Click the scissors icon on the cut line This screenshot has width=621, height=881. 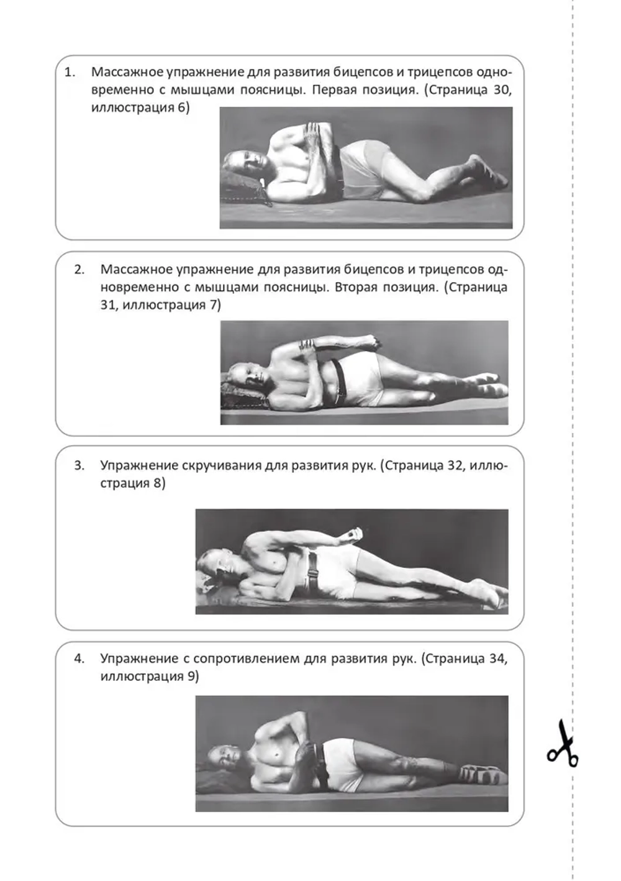[x=563, y=744]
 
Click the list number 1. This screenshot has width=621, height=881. [x=70, y=72]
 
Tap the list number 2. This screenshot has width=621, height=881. [x=79, y=270]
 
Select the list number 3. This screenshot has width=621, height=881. [x=79, y=465]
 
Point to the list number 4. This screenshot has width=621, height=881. [x=79, y=659]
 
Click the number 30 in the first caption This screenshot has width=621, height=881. [x=501, y=89]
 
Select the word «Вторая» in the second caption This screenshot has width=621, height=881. [x=356, y=287]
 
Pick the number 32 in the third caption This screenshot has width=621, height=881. [x=456, y=465]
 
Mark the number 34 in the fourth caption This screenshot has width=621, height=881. [x=497, y=659]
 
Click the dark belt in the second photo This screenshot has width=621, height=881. [x=338, y=380]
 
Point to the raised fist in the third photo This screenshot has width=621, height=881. [x=355, y=534]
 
